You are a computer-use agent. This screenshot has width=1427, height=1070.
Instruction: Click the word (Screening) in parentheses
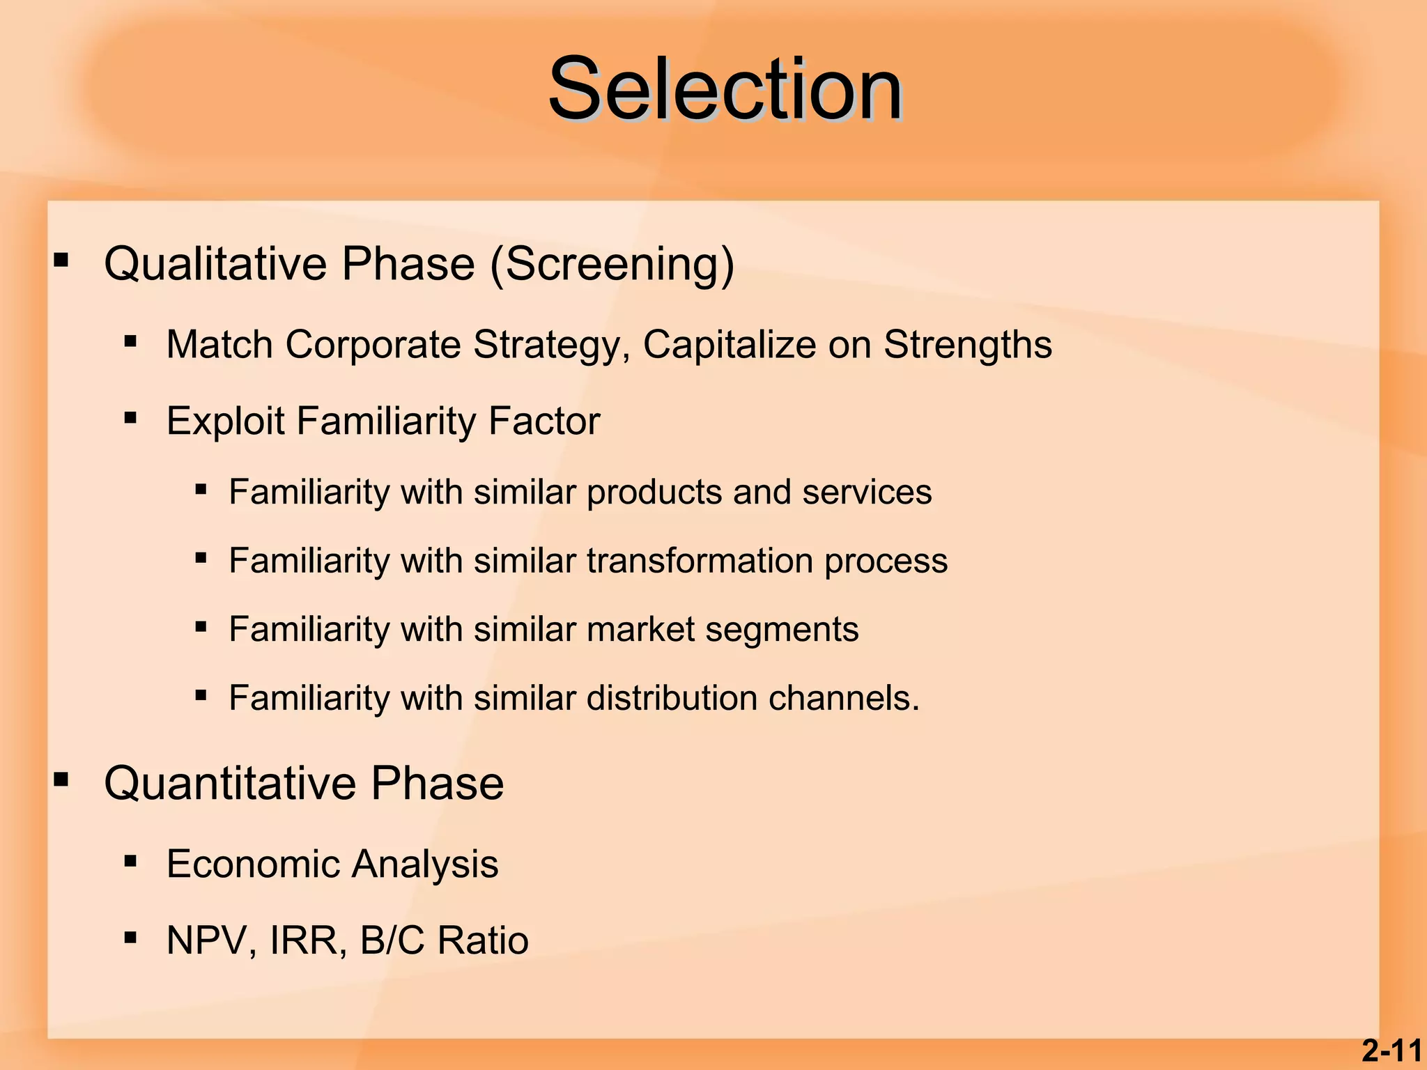[x=612, y=264]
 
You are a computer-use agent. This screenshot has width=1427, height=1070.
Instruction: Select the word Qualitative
[x=215, y=264]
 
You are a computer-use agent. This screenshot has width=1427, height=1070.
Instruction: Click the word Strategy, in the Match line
[x=552, y=345]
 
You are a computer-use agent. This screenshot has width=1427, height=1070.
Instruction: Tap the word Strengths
[x=968, y=345]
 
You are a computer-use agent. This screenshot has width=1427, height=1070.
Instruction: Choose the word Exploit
[x=225, y=421]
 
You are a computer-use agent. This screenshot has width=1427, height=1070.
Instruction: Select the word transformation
[x=700, y=561]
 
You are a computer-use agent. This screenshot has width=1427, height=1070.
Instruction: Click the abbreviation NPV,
[x=213, y=940]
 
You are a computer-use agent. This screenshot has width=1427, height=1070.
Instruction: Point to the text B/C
[x=392, y=940]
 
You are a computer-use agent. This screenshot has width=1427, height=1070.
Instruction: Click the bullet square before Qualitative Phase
[x=61, y=261]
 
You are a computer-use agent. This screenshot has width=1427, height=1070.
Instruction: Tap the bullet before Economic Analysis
[x=130, y=862]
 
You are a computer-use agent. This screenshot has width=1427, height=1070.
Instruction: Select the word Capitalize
[x=729, y=345]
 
